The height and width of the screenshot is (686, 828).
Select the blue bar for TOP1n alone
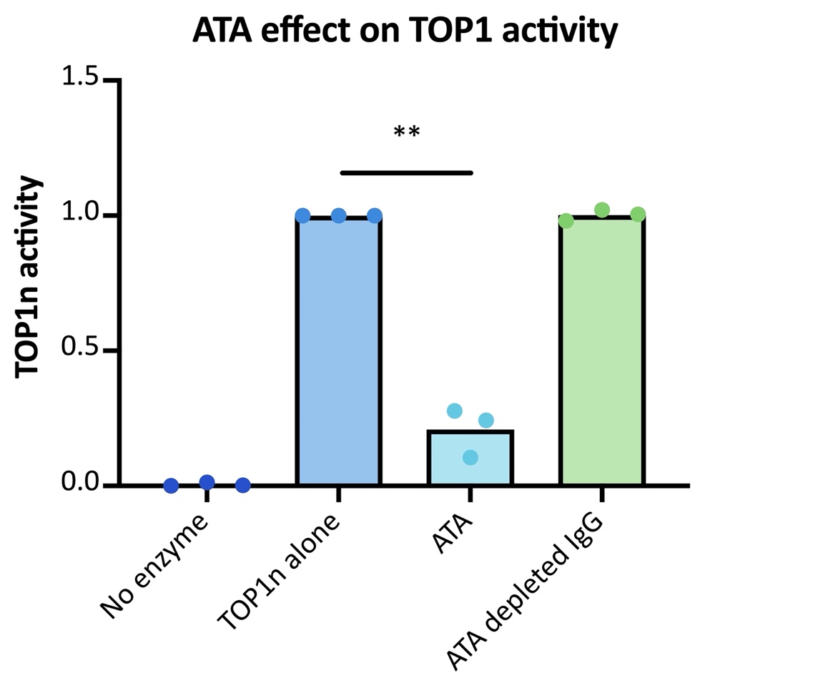tap(338, 351)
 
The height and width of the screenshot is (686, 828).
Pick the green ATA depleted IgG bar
tap(602, 351)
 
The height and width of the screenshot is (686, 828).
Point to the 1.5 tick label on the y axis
tap(82, 78)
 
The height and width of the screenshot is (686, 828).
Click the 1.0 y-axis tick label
tap(82, 215)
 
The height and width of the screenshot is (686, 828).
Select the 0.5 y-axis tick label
tap(82, 350)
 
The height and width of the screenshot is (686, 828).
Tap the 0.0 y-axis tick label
tap(82, 484)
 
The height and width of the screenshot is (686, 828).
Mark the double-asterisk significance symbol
tap(406, 133)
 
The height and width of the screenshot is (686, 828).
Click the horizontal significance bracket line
tap(406, 172)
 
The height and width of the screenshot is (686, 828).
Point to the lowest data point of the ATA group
tap(470, 457)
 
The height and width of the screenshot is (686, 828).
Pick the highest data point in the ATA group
tap(455, 411)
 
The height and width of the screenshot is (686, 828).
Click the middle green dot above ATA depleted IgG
tap(602, 210)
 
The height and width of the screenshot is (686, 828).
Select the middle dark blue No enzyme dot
tap(207, 482)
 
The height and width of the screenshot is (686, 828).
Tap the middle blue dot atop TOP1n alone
tap(339, 215)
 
